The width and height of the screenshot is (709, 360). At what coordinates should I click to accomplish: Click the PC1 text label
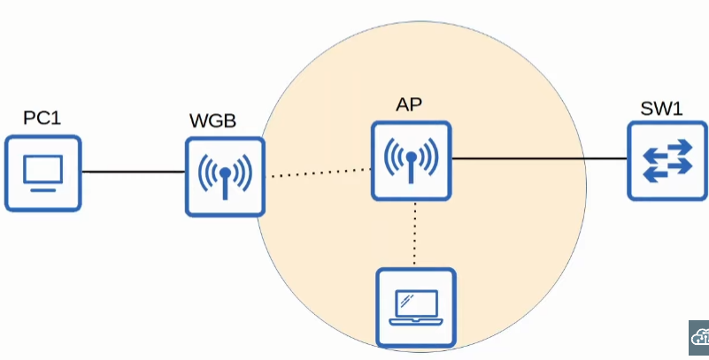42,118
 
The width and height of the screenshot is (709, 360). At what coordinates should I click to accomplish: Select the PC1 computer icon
42,172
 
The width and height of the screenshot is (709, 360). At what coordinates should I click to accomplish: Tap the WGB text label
212,120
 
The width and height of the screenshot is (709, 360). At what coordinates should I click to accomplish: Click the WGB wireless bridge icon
226,176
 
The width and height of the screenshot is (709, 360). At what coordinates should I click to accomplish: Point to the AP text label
409,104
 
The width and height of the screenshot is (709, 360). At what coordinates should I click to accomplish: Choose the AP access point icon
411,160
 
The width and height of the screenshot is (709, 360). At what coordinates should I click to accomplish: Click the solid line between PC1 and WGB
133,172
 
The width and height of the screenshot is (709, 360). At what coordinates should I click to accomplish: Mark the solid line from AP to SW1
540,159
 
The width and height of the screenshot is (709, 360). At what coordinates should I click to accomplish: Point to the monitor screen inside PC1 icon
42,168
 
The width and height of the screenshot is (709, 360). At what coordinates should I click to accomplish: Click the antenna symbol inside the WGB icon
226,177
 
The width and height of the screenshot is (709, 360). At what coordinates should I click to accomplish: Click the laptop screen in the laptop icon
416,300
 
